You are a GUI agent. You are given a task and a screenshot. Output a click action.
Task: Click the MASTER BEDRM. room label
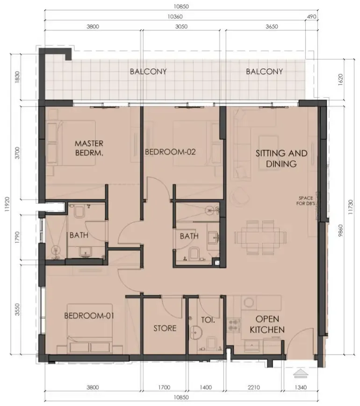click(x=89, y=148)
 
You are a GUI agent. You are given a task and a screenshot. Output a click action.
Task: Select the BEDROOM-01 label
click(x=89, y=316)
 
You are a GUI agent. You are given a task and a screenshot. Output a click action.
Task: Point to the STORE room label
click(x=165, y=328)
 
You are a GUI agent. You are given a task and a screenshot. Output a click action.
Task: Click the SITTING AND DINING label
click(x=281, y=159)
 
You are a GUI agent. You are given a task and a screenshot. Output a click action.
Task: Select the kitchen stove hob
click(x=233, y=325)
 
